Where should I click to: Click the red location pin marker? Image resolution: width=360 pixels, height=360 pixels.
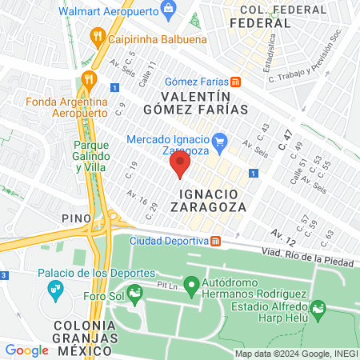tap(179, 164)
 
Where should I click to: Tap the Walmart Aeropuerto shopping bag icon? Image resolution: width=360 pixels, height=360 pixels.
tap(168, 10)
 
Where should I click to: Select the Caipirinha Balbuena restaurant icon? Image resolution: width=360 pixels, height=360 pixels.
tap(98, 35)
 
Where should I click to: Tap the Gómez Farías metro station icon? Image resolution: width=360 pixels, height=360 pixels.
tap(236, 82)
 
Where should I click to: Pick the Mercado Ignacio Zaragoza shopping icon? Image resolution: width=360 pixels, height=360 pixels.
tap(223, 141)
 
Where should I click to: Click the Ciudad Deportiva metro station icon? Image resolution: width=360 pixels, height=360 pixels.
tap(216, 241)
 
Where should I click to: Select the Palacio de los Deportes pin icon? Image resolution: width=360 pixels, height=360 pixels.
tap(55, 287)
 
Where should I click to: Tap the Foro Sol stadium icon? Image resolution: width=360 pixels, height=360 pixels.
tap(135, 295)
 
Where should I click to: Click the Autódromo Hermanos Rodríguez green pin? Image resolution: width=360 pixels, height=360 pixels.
tap(191, 284)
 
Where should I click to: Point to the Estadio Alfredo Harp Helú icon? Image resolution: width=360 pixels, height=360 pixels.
tap(318, 308)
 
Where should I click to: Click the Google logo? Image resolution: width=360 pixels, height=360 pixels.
tap(26, 350)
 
